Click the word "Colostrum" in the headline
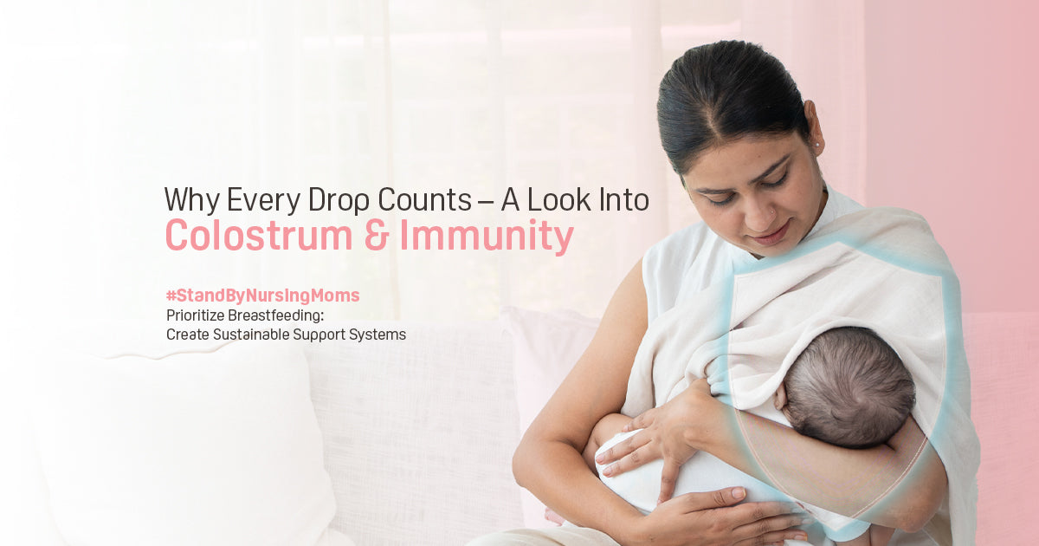259,235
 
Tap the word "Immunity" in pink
487,237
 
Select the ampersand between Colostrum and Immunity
376,236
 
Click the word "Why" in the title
192,200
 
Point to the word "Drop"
339,200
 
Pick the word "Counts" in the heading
425,200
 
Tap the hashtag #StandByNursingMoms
263,296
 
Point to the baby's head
848,387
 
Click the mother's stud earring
816,145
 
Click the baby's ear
781,396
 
